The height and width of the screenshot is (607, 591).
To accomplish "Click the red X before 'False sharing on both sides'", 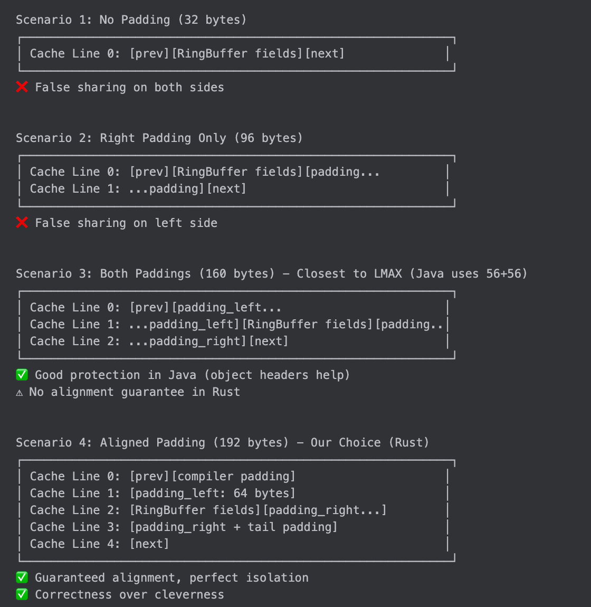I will coord(22,87).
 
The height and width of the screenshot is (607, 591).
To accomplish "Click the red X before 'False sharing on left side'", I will coord(22,223).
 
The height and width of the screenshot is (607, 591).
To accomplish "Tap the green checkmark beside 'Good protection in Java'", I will coord(22,375).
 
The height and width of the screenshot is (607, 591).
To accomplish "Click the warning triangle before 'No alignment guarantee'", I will coord(20,392).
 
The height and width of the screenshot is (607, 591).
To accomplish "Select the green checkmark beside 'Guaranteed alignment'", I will coord(22,577).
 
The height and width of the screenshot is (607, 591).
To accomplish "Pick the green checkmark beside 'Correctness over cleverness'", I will coord(22,594).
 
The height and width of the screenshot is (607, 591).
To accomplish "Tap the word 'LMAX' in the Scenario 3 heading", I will coord(388,274).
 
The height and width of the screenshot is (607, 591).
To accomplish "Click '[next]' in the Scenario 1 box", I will coord(325,54).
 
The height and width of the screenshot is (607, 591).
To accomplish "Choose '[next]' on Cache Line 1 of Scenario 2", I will coord(226,189).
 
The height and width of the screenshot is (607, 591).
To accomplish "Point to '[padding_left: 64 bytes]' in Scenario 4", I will coord(212,493).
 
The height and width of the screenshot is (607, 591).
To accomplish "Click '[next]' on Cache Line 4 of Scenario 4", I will coord(149,544).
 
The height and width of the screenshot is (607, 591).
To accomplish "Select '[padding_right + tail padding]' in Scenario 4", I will coord(233,527).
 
